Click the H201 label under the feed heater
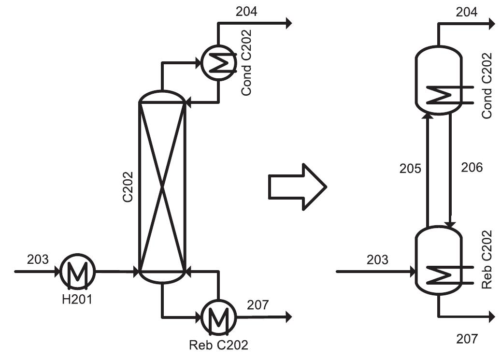[77, 300]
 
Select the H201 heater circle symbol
[77, 272]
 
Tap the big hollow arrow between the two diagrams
[298, 187]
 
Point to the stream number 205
[410, 169]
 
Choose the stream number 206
[472, 168]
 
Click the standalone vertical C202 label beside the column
[128, 187]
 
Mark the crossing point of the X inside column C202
[162, 187]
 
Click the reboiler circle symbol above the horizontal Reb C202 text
[219, 317]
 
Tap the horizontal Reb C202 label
[218, 345]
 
